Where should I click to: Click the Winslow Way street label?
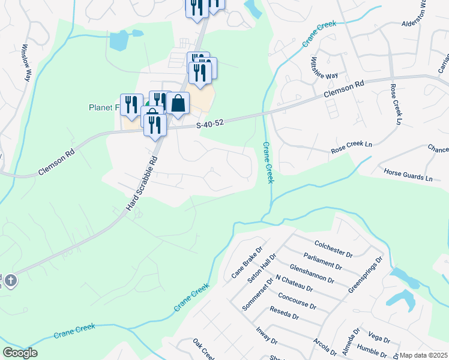pyautogui.click(x=26, y=62)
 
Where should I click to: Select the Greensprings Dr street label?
pyautogui.click(x=365, y=275)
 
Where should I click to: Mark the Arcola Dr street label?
pyautogui.click(x=325, y=347)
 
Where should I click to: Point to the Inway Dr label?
pyautogui.click(x=267, y=334)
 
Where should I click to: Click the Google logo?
pyautogui.click(x=20, y=353)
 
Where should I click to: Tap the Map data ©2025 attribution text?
pyautogui.click(x=424, y=355)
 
